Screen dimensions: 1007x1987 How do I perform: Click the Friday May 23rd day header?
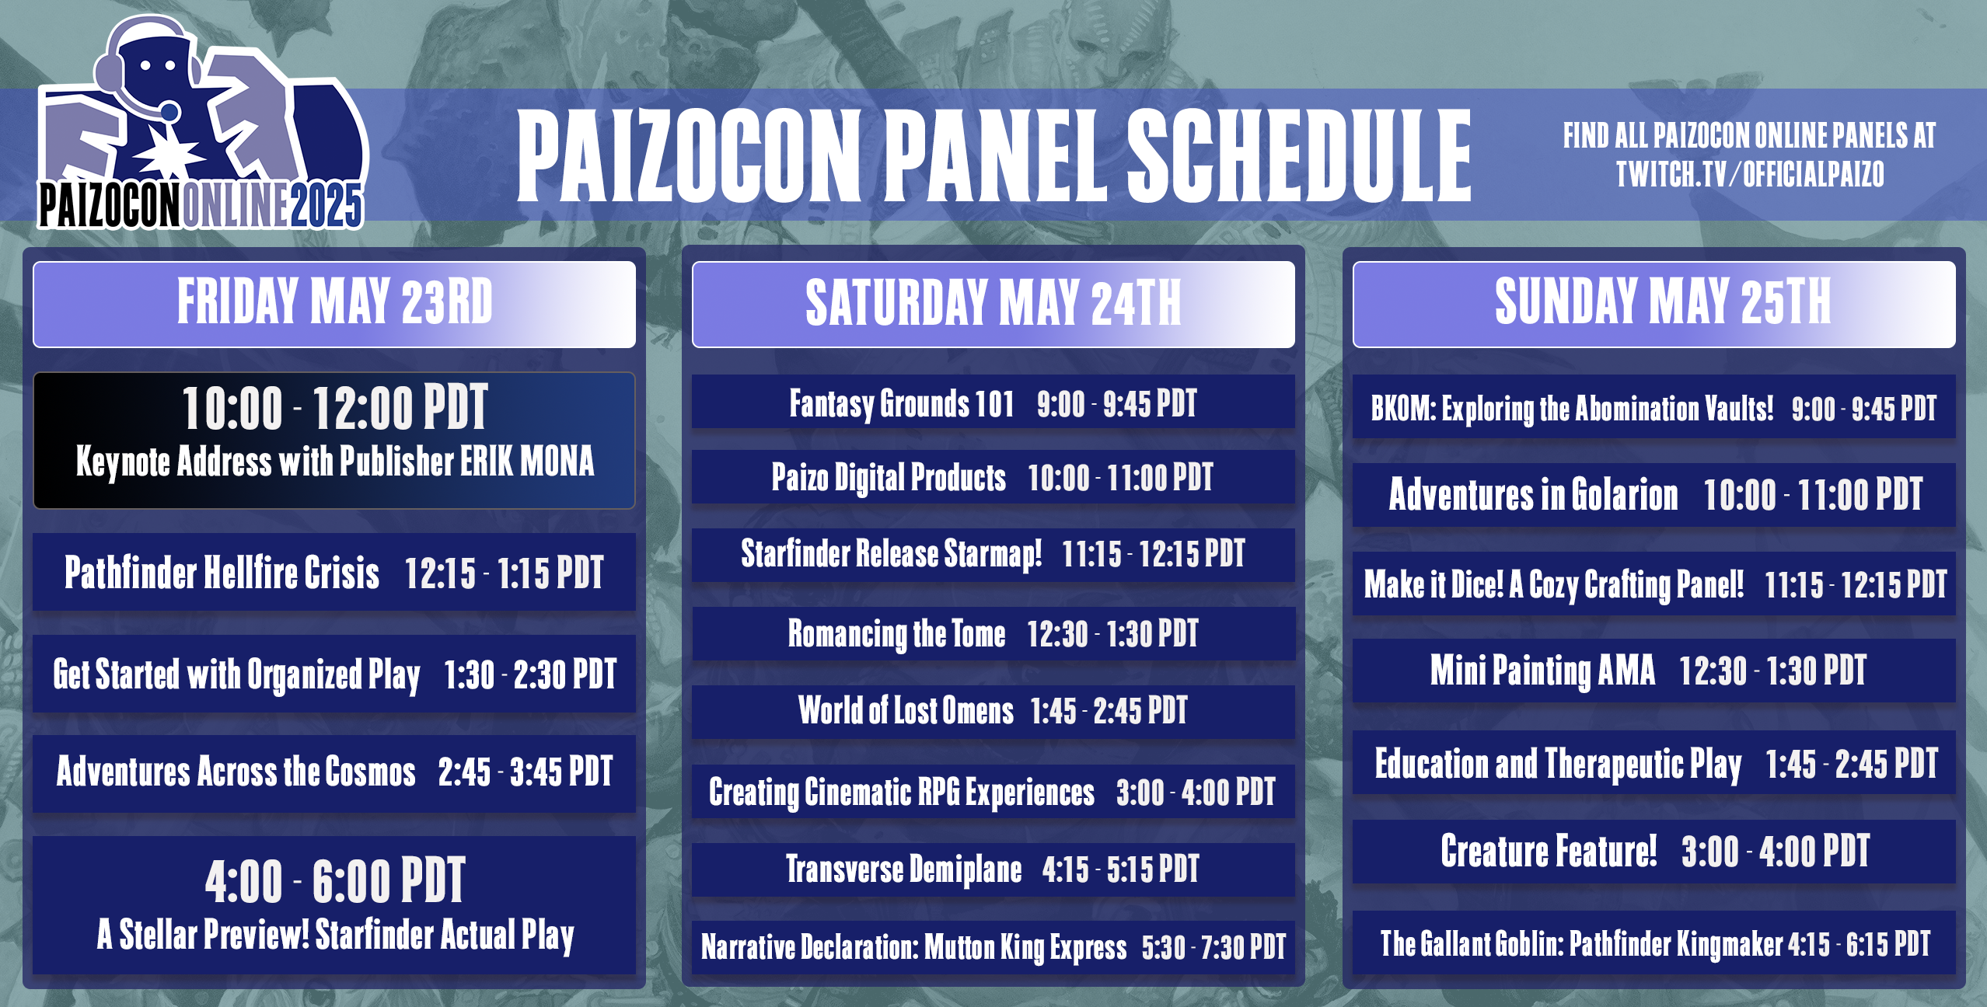pyautogui.click(x=334, y=302)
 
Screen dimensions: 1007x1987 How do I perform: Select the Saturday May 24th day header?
pyautogui.click(x=993, y=304)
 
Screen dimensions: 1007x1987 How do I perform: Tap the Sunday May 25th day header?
pyautogui.click(x=1662, y=302)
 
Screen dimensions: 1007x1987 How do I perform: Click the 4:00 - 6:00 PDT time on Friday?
pyautogui.click(x=334, y=881)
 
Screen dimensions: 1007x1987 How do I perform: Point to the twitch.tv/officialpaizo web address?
pyautogui.click(x=1749, y=174)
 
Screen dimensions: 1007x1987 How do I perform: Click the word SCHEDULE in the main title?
pyautogui.click(x=1298, y=155)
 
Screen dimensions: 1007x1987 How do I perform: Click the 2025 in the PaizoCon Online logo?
pyautogui.click(x=327, y=206)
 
